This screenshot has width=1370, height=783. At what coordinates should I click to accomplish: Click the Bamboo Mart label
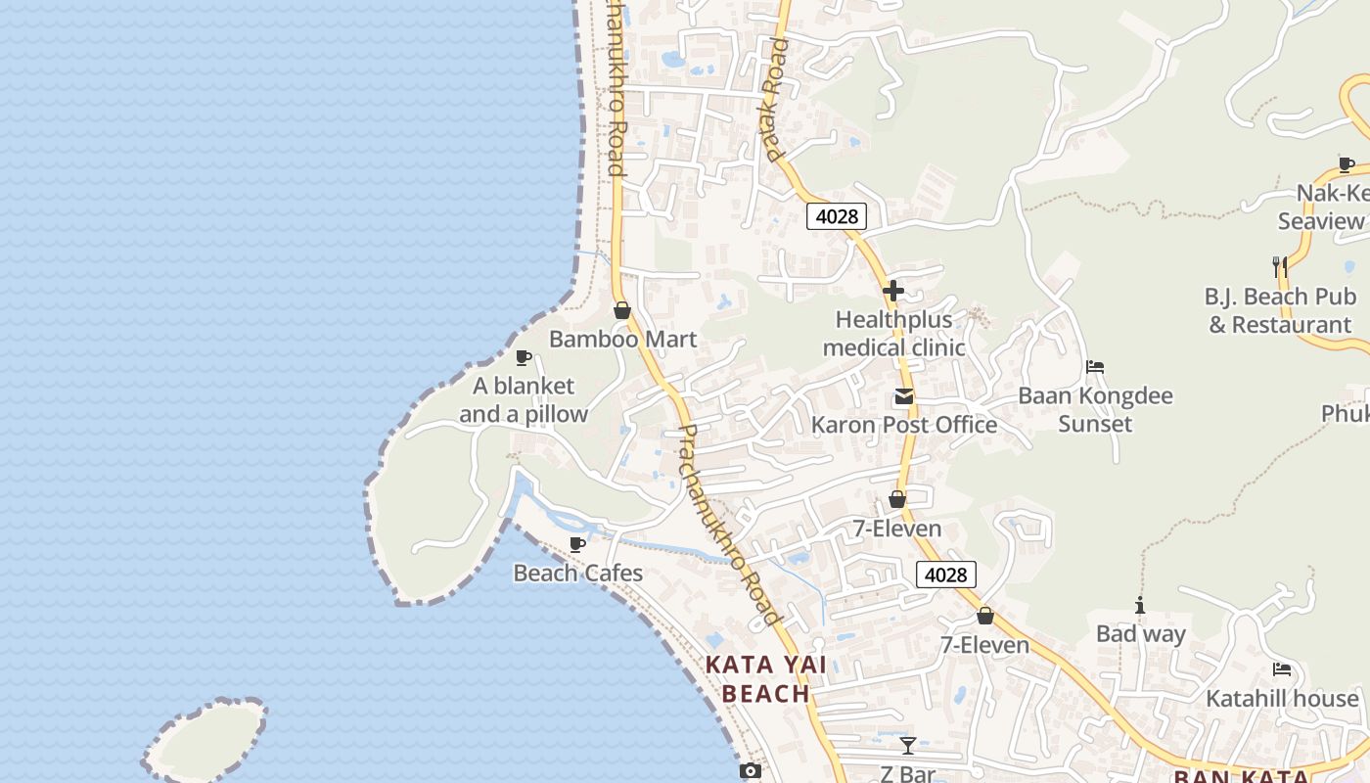tap(622, 340)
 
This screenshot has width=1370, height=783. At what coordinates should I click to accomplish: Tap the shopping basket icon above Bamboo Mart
tap(621, 310)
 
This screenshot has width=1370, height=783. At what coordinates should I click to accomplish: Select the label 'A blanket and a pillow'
tap(524, 400)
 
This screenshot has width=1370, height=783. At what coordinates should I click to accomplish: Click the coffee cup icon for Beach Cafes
tap(577, 544)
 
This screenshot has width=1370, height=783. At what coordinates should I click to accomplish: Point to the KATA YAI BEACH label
tap(766, 679)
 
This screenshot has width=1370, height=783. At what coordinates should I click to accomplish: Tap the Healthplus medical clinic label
tap(893, 334)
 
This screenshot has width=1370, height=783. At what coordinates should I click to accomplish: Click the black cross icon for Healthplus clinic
tap(892, 291)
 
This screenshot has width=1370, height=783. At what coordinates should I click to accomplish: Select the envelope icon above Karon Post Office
tap(903, 397)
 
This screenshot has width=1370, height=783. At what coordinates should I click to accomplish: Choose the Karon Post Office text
tap(904, 425)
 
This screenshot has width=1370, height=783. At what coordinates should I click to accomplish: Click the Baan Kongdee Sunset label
tap(1095, 410)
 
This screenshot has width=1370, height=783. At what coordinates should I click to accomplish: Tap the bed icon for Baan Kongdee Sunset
tap(1095, 367)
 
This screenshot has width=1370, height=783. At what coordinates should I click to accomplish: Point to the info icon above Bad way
tap(1139, 605)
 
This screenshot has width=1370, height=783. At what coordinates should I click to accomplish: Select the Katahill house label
tap(1282, 699)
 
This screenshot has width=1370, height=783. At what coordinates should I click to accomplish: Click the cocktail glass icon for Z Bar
tap(908, 746)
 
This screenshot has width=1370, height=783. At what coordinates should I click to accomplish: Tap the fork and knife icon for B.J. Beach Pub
tap(1278, 265)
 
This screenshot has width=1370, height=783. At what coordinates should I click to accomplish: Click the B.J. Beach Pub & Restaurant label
tap(1280, 310)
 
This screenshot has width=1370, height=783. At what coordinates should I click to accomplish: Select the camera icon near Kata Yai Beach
tap(750, 771)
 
